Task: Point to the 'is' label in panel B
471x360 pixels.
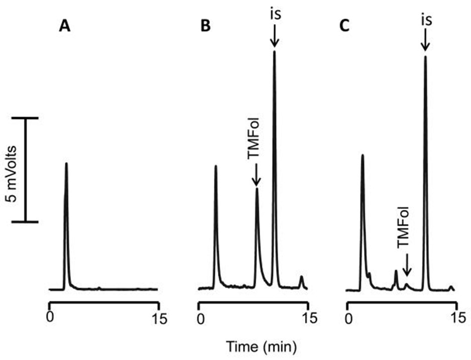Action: coord(274,14)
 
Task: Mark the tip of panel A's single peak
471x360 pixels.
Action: coord(66,163)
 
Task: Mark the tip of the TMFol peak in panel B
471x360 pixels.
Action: coord(257,189)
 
